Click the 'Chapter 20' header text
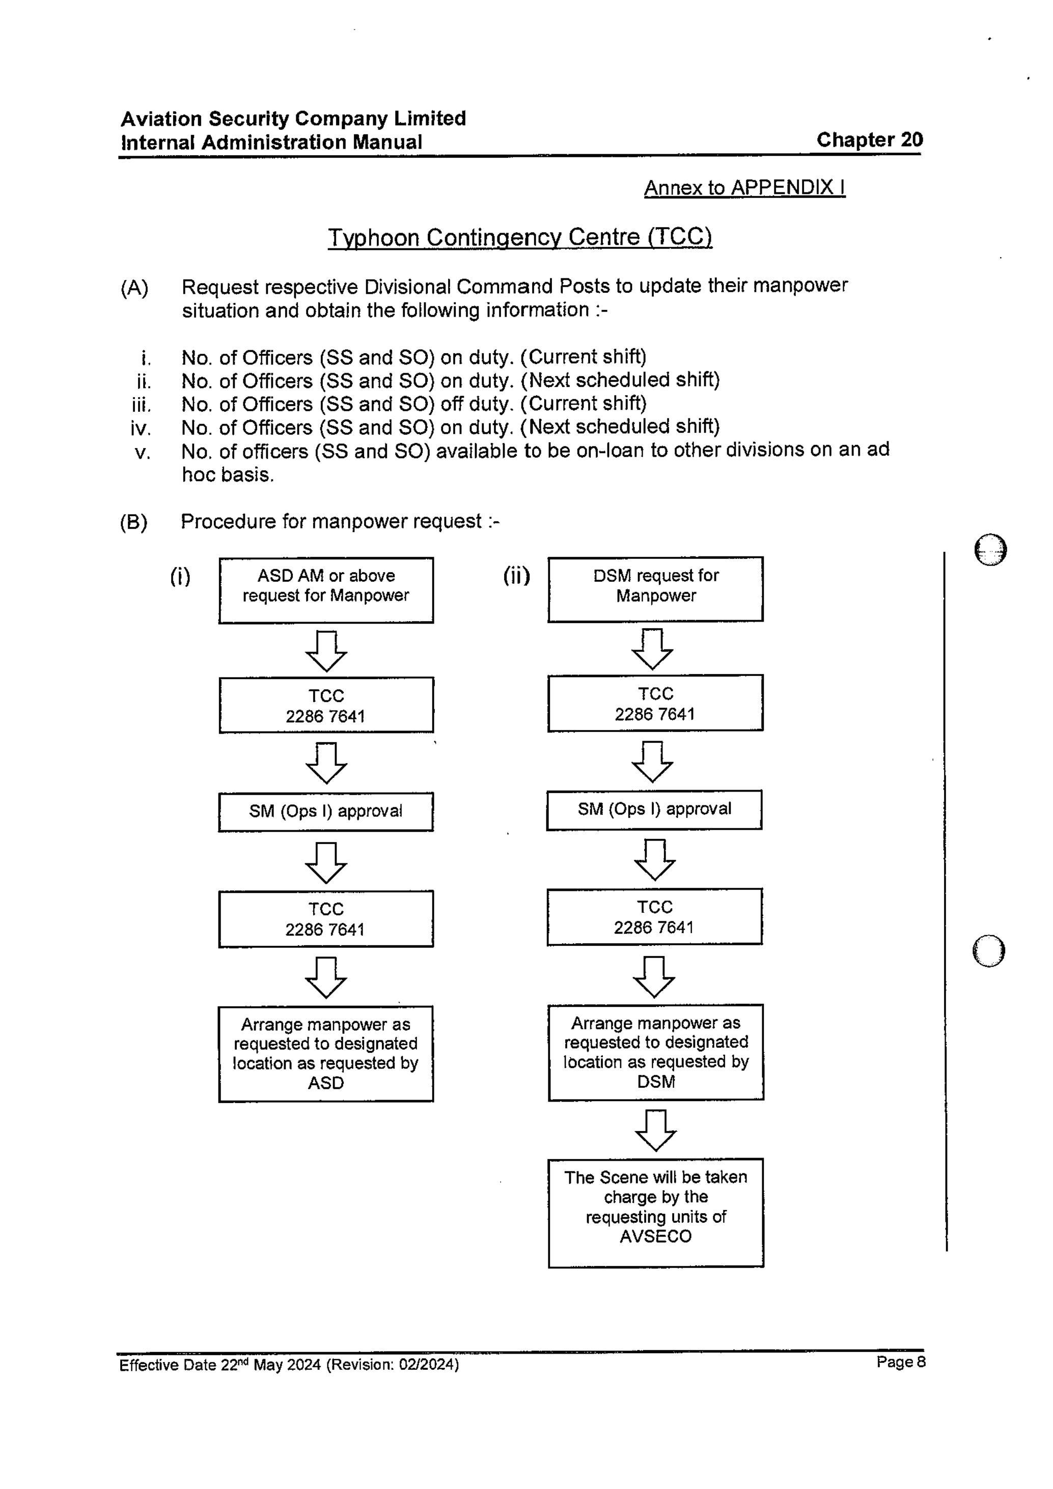pos(869,140)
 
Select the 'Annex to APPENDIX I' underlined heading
pos(744,187)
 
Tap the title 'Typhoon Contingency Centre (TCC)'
pos(520,237)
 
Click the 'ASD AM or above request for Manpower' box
pos(326,589)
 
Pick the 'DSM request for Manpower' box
pos(655,589)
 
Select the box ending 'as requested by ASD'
pos(326,1053)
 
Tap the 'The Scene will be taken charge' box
pos(655,1212)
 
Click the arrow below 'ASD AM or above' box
pos(326,651)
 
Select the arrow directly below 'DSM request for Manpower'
pos(652,649)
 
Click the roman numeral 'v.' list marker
pos(143,452)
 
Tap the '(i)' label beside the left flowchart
pos(180,576)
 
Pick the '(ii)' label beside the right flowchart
pos(516,575)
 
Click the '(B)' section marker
pos(133,522)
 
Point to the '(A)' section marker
pos(134,288)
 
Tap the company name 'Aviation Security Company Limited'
pos(293,119)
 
